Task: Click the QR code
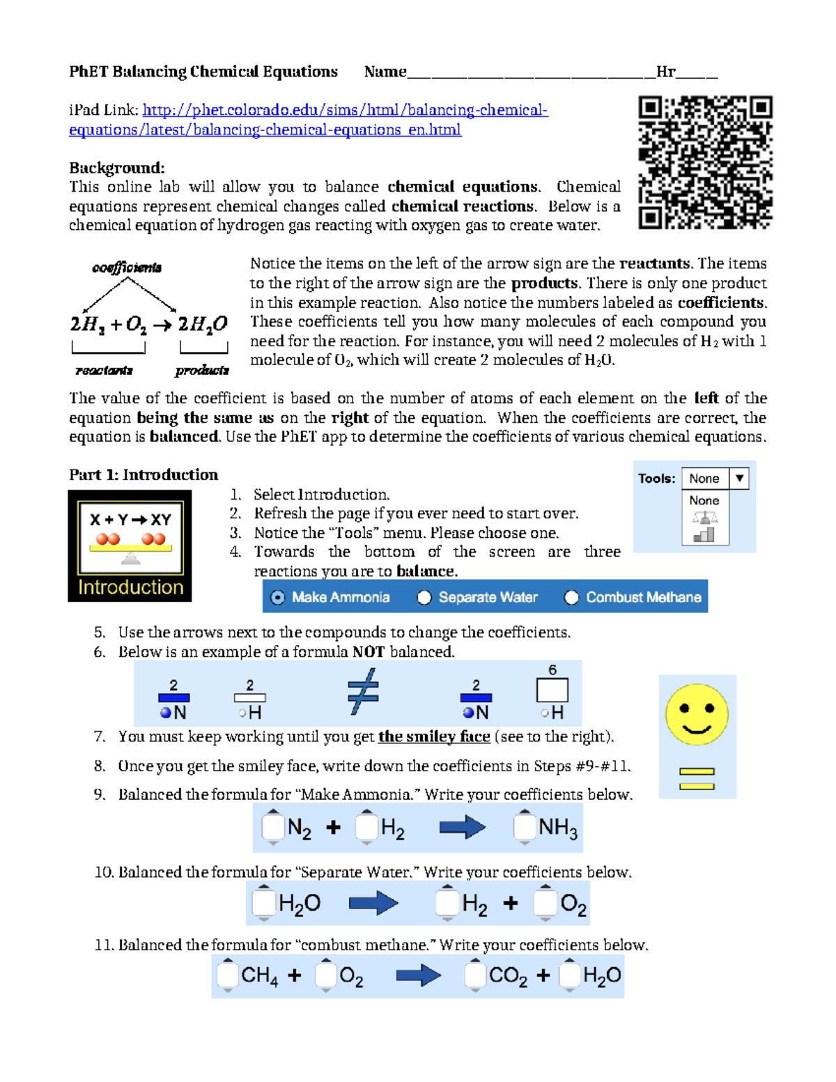[x=705, y=162]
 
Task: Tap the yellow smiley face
[x=696, y=715]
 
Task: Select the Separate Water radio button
[x=424, y=597]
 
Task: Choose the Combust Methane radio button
[x=571, y=597]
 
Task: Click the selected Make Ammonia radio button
[x=278, y=597]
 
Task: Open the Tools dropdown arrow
[x=739, y=478]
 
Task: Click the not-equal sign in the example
[x=363, y=692]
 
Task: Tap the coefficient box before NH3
[x=524, y=827]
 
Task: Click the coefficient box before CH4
[x=227, y=975]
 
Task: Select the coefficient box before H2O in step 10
[x=263, y=903]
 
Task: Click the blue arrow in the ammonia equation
[x=462, y=827]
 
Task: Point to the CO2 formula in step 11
[x=508, y=975]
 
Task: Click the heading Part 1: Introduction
[x=144, y=475]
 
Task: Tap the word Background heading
[x=116, y=168]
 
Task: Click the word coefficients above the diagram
[x=127, y=268]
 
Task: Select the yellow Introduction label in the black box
[x=130, y=587]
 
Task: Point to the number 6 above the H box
[x=552, y=670]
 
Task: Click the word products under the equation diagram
[x=202, y=371]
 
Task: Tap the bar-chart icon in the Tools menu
[x=704, y=534]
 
